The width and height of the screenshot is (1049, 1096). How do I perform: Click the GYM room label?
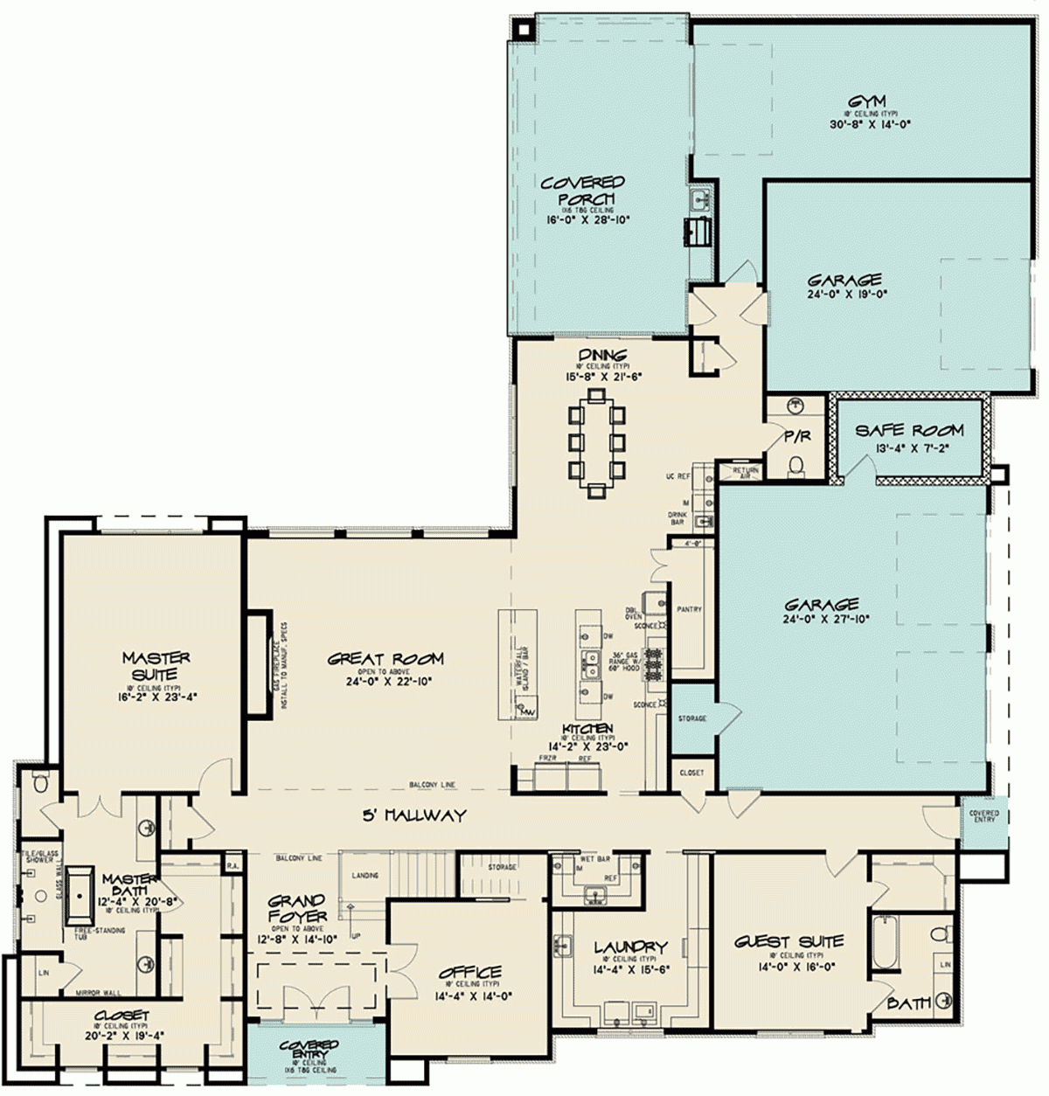point(865,101)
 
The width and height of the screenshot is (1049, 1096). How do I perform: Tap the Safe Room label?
point(909,430)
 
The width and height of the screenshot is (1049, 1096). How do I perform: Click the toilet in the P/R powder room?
point(795,465)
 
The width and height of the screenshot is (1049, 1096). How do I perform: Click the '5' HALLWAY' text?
point(414,815)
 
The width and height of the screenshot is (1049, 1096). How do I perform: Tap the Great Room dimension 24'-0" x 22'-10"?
point(386,681)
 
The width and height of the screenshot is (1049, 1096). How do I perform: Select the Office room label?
point(469,972)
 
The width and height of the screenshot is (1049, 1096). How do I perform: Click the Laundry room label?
point(630,947)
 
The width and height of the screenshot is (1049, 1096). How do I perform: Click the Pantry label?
point(689,609)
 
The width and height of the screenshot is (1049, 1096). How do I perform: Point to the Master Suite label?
point(156,666)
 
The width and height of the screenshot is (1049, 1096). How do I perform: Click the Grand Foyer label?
point(296,908)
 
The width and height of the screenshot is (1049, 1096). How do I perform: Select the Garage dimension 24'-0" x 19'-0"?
point(845,295)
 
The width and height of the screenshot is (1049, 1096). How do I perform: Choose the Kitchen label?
point(587,728)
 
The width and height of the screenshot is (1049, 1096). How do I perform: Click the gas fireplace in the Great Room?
point(258,664)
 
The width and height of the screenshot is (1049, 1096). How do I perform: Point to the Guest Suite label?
point(788,941)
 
